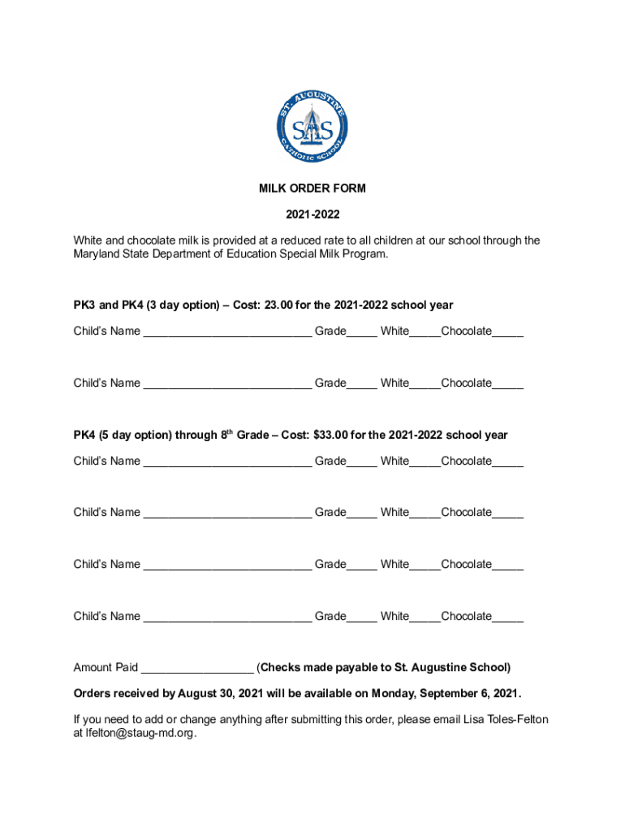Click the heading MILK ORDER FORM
coord(312,188)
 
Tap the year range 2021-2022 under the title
coord(312,214)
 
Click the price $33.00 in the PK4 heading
coord(331,435)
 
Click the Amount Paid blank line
coord(197,669)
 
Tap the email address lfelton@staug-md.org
coord(140,733)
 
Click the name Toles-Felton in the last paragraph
coord(517,720)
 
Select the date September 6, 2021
coord(469,694)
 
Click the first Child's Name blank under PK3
coord(227,333)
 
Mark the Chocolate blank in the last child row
coord(508,618)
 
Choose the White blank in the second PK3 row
coord(425,385)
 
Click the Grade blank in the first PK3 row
coord(362,333)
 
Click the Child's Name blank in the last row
coord(227,618)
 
